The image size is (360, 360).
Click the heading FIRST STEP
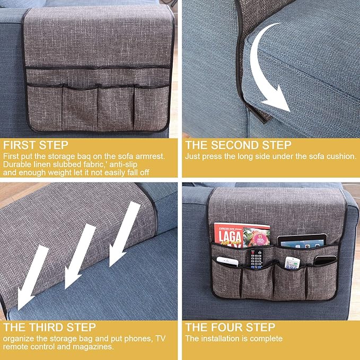pyautogui.click(x=36, y=145)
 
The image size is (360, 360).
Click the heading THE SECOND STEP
pyautogui.click(x=238, y=145)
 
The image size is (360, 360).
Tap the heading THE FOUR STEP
pyautogui.click(x=230, y=327)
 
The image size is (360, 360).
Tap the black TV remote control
pyautogui.click(x=256, y=258)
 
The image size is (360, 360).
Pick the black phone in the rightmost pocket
pyautogui.click(x=324, y=261)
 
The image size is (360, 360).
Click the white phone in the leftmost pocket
pyautogui.click(x=226, y=261)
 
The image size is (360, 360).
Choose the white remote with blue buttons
pyautogui.click(x=293, y=263)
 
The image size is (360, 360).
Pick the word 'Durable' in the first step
pyautogui.click(x=18, y=164)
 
